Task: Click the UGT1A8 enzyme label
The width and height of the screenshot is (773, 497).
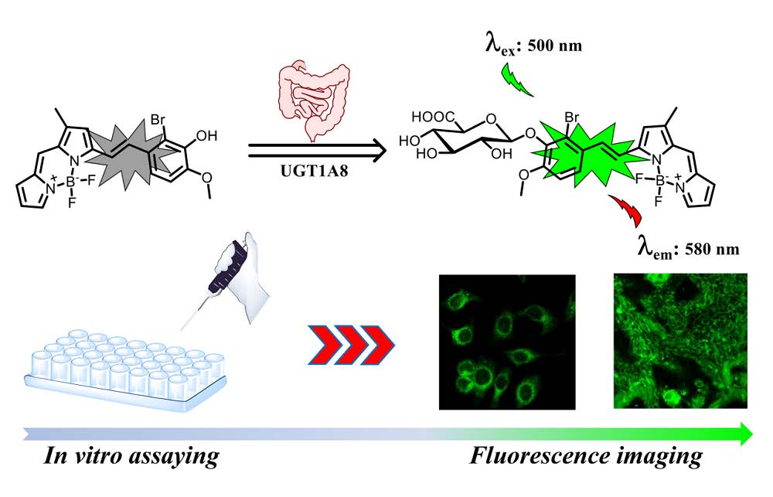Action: click(x=314, y=171)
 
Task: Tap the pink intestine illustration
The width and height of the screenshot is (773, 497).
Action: click(x=314, y=101)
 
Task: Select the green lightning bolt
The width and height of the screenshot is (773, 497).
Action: click(x=517, y=79)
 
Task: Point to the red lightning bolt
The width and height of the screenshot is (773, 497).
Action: click(x=625, y=211)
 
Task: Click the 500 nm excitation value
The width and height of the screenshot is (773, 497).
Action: click(x=554, y=46)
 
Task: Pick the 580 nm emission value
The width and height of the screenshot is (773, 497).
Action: click(x=712, y=249)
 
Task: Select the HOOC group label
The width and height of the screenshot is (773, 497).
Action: click(x=433, y=117)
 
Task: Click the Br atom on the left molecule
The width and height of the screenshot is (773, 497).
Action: click(x=158, y=119)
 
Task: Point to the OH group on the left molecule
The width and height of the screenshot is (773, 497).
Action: click(x=206, y=135)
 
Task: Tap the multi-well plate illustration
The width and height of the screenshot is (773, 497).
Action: click(x=126, y=369)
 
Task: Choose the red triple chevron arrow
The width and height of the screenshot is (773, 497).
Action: click(x=352, y=345)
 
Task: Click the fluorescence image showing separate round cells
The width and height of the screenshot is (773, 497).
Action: click(x=507, y=342)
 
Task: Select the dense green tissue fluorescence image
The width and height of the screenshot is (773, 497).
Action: click(x=680, y=341)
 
